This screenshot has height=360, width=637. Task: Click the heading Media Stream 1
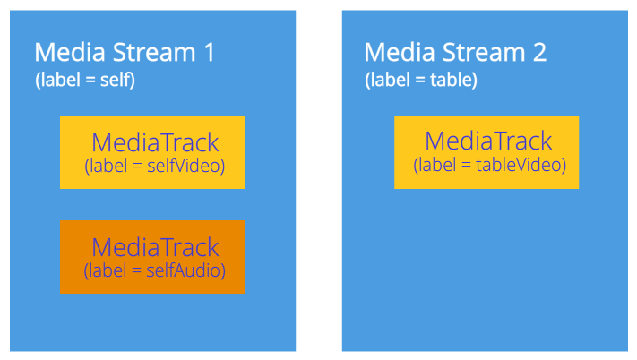point(125,53)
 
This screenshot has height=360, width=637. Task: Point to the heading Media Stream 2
point(455,52)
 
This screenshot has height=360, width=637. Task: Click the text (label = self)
point(85,80)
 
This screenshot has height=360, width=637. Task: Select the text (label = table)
point(420,80)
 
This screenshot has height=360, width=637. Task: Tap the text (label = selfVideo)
point(154,166)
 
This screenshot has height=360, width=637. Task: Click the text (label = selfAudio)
point(154,270)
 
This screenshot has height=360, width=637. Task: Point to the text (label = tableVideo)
point(489,165)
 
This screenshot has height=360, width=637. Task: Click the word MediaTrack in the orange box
point(155,247)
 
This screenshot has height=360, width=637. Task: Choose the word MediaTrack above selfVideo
point(155,143)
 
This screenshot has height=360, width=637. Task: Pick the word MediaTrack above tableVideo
point(488,141)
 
